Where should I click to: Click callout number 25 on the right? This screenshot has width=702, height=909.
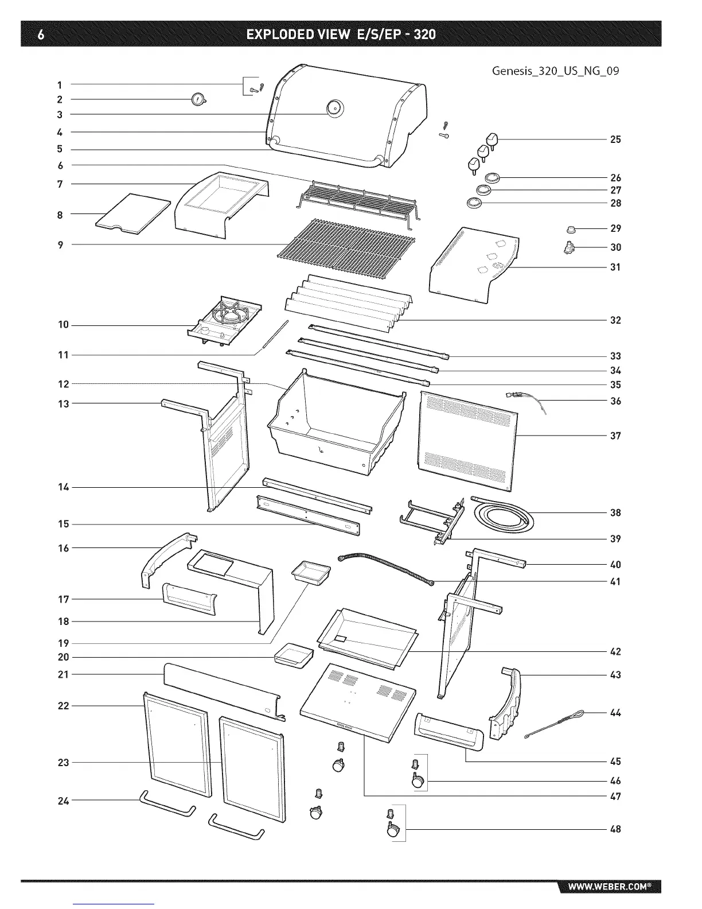point(615,139)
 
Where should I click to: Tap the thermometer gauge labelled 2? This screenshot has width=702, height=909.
point(198,100)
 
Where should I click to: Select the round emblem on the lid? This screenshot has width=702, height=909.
point(334,107)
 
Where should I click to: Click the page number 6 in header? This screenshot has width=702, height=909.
point(40,34)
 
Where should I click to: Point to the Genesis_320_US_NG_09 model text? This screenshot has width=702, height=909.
point(555,72)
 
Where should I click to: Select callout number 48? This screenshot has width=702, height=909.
point(615,829)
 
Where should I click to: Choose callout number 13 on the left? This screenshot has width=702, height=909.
point(63,404)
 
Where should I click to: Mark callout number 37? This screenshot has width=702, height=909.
point(615,436)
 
